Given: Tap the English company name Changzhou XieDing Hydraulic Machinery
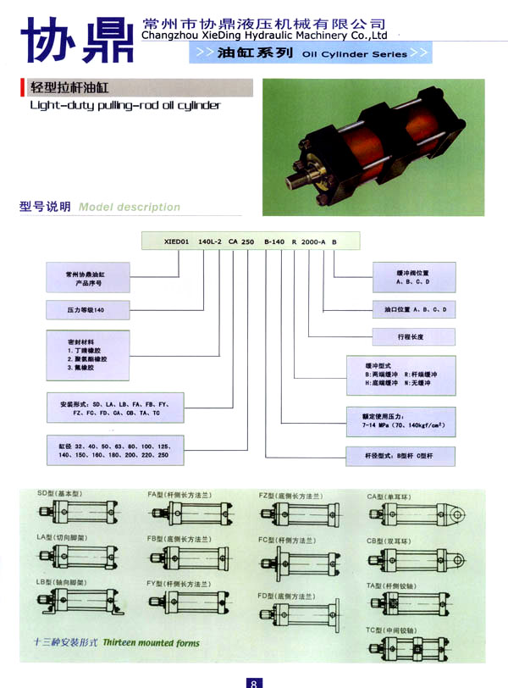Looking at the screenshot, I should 265,36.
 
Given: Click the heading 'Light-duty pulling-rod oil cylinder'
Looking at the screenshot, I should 124,105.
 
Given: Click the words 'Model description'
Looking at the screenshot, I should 129,207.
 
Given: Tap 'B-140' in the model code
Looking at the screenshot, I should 276,241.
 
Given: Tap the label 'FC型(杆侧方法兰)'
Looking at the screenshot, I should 287,539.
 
